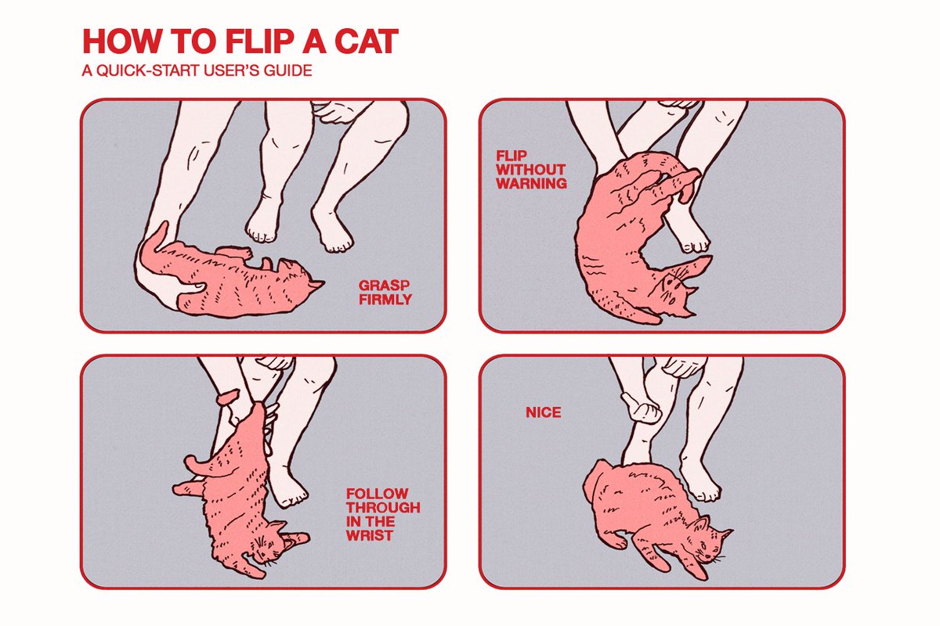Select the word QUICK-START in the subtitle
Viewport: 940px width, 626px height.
(148, 70)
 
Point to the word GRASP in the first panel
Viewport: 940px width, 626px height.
(384, 286)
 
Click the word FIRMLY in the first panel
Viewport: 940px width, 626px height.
(385, 300)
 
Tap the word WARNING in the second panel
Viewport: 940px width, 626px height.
(531, 184)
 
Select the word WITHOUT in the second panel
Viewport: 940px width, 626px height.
(530, 170)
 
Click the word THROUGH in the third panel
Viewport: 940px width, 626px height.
(383, 507)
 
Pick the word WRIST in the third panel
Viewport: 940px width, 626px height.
(370, 535)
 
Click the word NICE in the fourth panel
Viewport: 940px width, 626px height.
(543, 412)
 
